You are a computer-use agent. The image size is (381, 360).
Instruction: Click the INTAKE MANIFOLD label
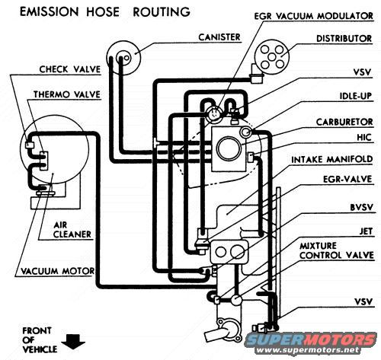[333, 161]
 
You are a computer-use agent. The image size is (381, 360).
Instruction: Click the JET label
[364, 226]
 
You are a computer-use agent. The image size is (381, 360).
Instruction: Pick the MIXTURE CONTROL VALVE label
[337, 252]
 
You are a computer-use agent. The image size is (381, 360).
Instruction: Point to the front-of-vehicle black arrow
[73, 341]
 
